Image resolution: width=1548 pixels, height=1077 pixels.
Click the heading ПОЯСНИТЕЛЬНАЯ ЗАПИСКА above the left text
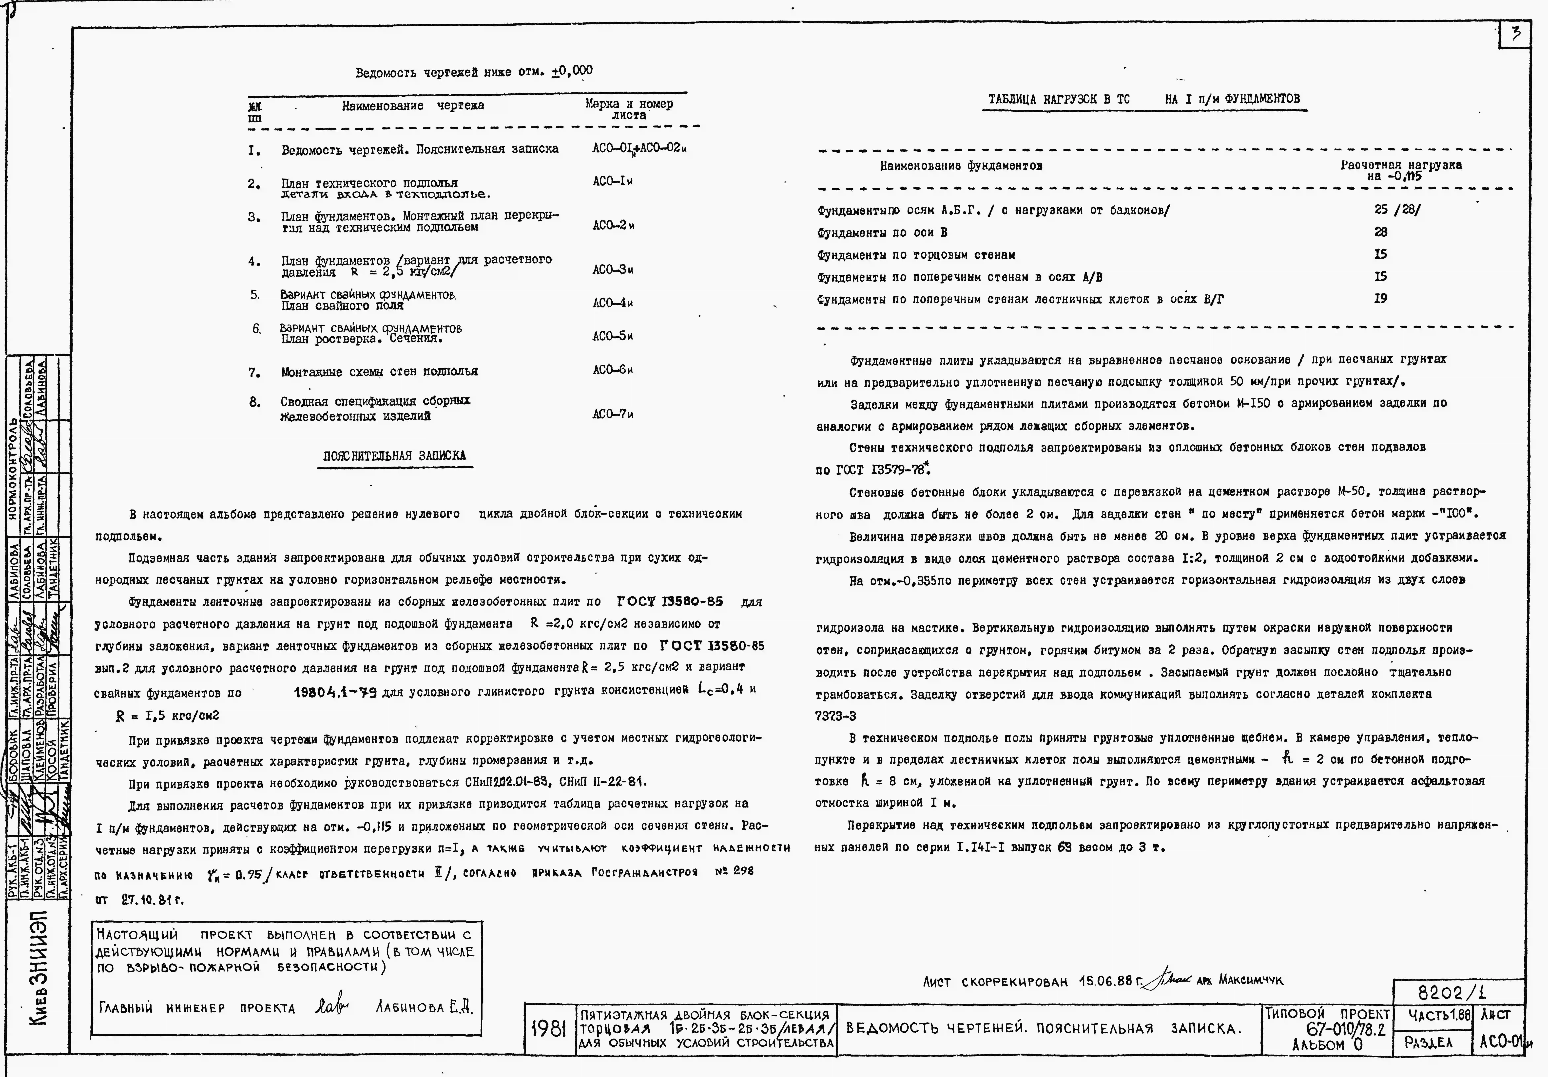pos(394,456)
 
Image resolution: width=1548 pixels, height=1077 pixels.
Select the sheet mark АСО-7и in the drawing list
pos(612,414)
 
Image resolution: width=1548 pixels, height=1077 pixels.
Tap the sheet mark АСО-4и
pos(612,303)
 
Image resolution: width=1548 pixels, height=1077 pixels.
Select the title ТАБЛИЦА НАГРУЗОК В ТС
pos(1059,99)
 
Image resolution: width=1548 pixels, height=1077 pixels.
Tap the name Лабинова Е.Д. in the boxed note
pos(423,1007)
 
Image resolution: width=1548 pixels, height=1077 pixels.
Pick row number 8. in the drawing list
pos(254,402)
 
